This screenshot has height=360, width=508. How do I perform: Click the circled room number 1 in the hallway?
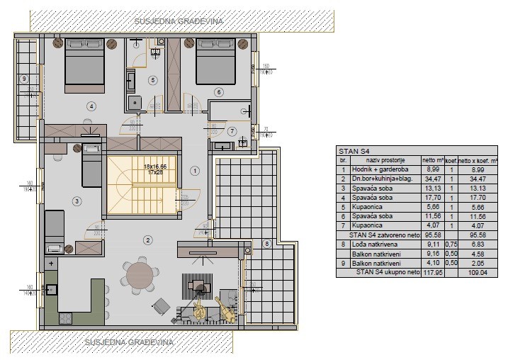(196, 170)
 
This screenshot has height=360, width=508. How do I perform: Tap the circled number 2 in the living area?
(147, 240)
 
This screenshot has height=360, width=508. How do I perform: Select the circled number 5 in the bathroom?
(152, 81)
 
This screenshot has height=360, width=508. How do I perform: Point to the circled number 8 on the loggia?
(266, 244)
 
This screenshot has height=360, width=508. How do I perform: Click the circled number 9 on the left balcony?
(23, 79)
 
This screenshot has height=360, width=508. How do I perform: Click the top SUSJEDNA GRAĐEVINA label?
(179, 21)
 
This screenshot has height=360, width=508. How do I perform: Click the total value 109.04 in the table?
(477, 270)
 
